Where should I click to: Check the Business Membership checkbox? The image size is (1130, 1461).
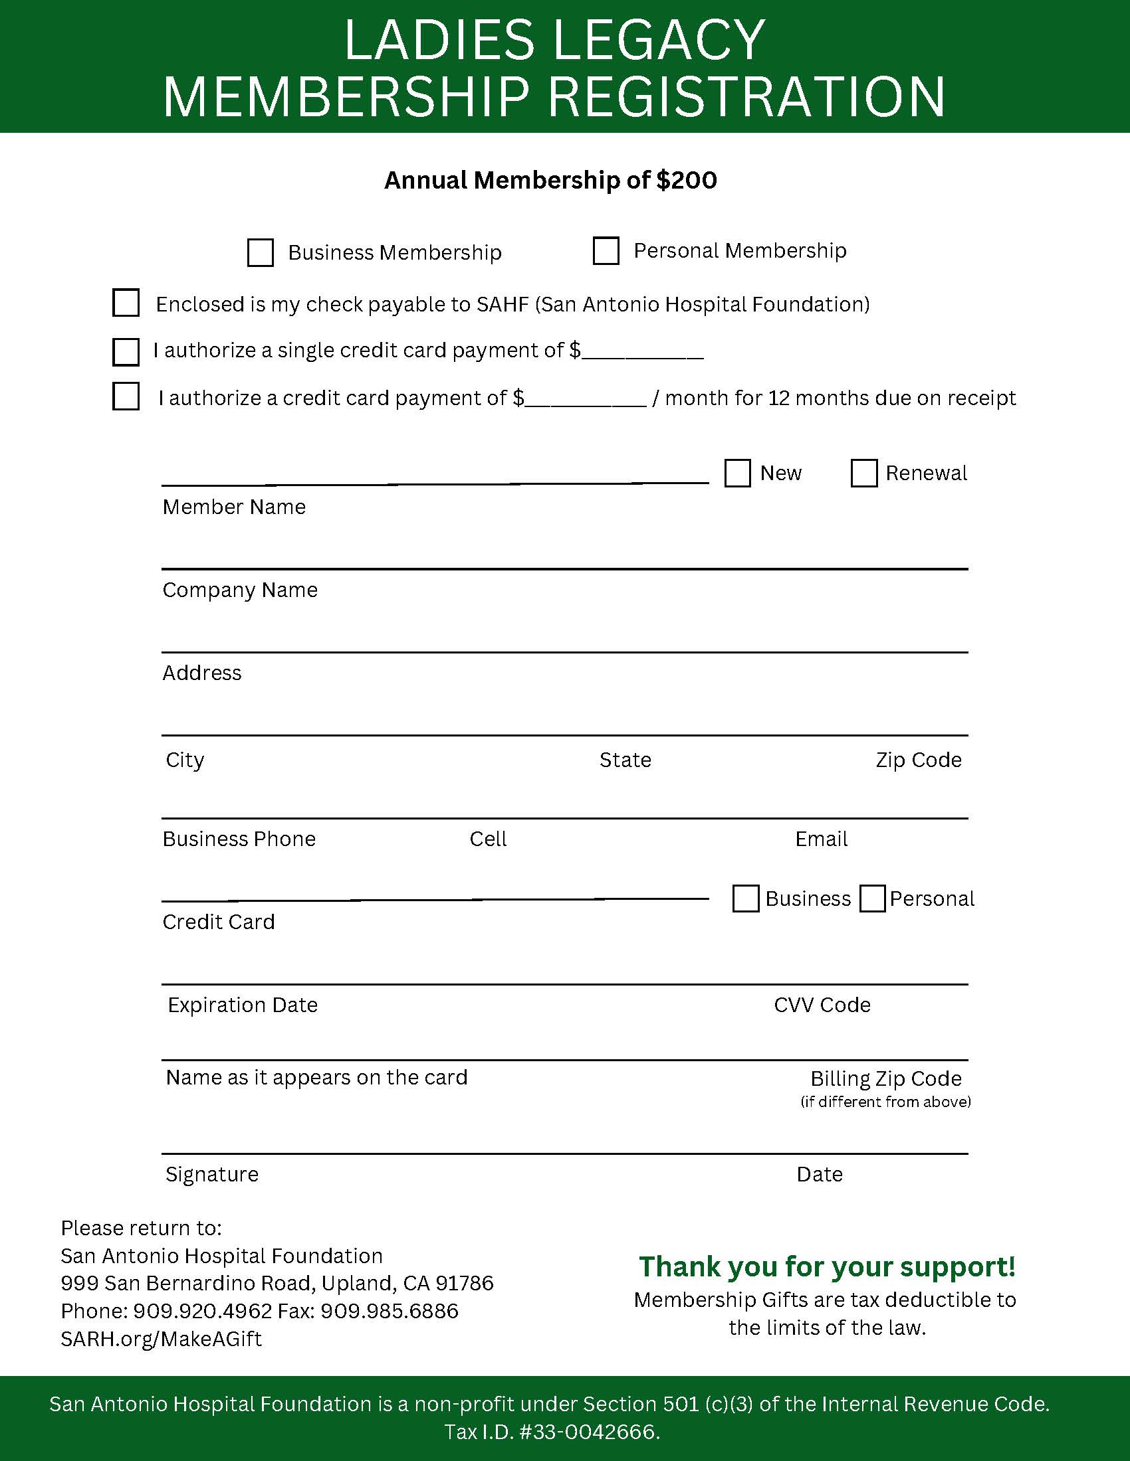tap(260, 253)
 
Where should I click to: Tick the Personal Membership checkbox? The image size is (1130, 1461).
tap(606, 251)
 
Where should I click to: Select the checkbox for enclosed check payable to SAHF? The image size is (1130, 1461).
tap(126, 302)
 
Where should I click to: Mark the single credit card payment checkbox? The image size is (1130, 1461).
tap(126, 352)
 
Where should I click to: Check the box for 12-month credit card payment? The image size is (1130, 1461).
tap(126, 396)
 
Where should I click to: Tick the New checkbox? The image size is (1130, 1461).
tap(737, 473)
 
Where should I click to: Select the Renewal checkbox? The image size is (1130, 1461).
tap(863, 473)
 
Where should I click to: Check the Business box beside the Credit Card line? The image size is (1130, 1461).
tap(746, 899)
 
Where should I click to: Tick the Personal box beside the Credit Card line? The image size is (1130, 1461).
tap(872, 899)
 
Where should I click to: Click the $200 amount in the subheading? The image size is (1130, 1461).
tap(687, 180)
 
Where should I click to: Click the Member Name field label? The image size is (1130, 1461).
tap(233, 507)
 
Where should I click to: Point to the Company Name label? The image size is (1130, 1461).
tap(240, 590)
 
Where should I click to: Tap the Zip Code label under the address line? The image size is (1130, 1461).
tap(919, 760)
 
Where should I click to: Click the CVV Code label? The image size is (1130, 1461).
tap(822, 1005)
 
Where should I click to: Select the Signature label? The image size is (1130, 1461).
tap(211, 1174)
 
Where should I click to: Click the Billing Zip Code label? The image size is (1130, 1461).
tap(885, 1078)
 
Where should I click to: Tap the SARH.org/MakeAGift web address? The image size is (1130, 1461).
tap(161, 1339)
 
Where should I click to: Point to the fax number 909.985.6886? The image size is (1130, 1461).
tap(389, 1310)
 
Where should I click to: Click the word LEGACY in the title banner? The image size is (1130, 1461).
tap(659, 40)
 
